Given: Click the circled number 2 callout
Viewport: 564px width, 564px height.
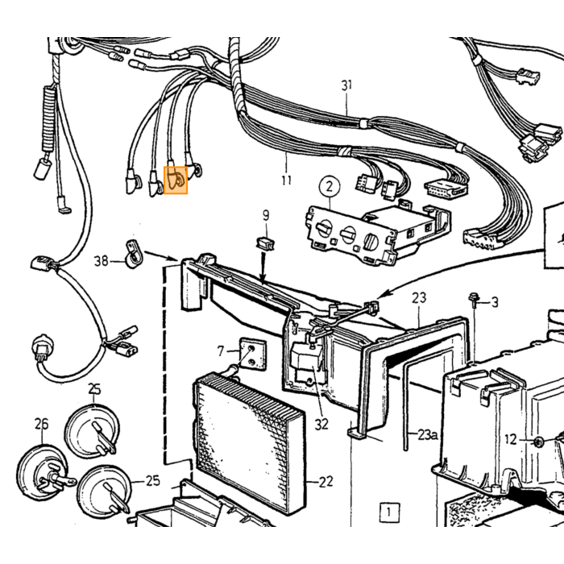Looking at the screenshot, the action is click(x=330, y=187).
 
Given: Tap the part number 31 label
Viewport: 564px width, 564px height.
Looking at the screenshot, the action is click(x=346, y=85).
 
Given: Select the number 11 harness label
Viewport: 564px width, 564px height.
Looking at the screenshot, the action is click(x=286, y=180).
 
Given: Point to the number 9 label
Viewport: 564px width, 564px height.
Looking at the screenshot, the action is click(x=266, y=215).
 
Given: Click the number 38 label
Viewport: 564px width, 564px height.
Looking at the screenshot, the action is click(x=101, y=260).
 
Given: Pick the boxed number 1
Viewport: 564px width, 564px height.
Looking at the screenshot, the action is click(x=388, y=512).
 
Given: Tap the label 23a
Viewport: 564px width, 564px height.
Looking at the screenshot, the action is click(x=428, y=435).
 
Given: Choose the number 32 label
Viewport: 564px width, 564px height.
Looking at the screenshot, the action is click(x=321, y=425).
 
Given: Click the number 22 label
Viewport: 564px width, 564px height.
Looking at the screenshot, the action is click(x=326, y=482).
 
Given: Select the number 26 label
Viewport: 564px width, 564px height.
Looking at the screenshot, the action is click(x=41, y=424).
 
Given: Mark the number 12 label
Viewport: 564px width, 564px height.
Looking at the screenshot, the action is click(x=511, y=439).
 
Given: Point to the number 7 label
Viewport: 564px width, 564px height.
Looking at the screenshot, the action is click(x=221, y=350).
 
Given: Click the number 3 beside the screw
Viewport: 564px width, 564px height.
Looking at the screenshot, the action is click(x=495, y=302).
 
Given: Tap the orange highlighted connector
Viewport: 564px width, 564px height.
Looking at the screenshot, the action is click(x=176, y=180).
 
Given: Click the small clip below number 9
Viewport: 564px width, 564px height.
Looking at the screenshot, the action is click(x=266, y=243).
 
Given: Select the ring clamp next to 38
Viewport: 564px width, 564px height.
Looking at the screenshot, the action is click(x=134, y=254).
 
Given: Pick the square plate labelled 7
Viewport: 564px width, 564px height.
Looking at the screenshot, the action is click(x=253, y=355).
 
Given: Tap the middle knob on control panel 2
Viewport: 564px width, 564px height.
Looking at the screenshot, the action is click(x=348, y=234).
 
